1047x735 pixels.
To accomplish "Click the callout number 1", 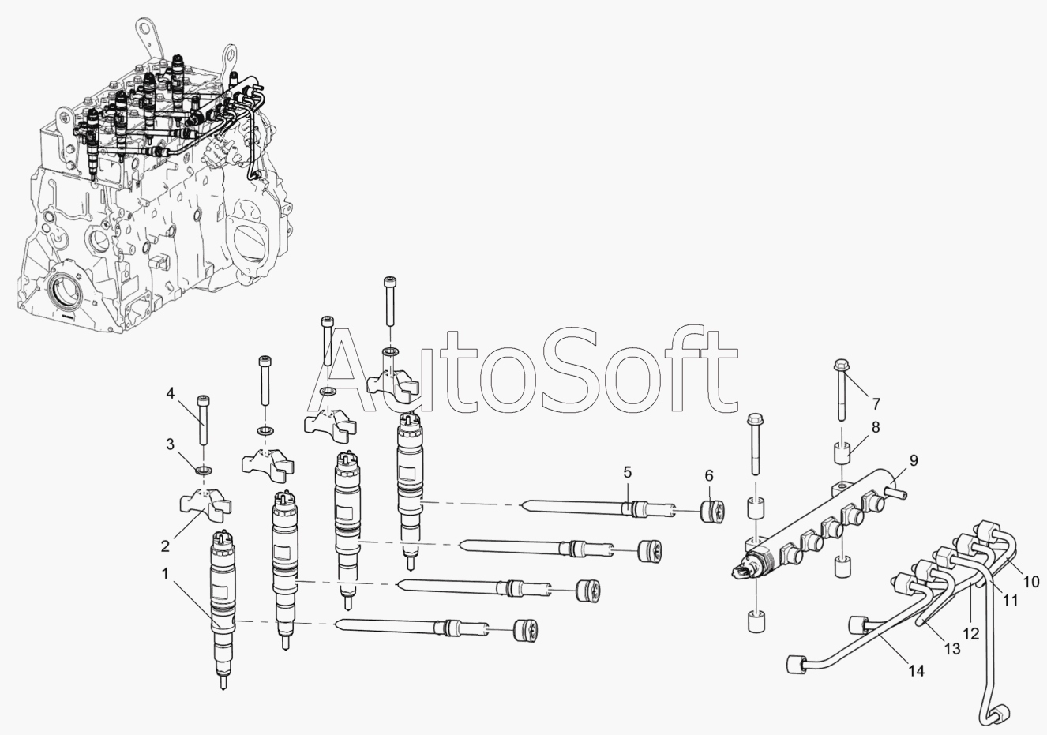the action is point(165,574).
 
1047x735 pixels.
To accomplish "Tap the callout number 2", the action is point(165,546).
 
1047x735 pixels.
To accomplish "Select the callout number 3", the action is point(170,444).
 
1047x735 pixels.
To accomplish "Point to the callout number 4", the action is point(170,393).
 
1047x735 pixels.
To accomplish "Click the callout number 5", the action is point(627,472).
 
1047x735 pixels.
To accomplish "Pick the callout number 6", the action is point(709,476).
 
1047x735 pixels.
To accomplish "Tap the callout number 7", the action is point(876,404).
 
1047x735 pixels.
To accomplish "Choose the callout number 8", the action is point(876,427).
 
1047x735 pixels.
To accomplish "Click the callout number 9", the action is point(914,460).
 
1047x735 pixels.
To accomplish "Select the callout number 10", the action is point(1030,582).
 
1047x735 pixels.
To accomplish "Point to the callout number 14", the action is point(916,671).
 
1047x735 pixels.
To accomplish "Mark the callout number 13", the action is point(952,649).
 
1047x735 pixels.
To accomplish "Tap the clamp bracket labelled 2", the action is point(205,504).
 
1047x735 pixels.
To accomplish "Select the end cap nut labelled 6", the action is point(712,511).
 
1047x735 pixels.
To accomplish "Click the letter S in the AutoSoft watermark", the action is point(573,373).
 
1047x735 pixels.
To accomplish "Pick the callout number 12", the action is point(971,634).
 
